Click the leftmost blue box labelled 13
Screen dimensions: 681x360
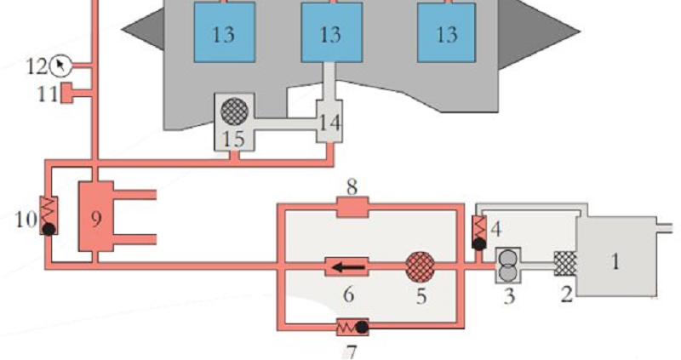[x=224, y=32]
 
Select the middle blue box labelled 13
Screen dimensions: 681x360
[x=332, y=32]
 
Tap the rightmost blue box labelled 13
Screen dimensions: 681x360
[x=446, y=32]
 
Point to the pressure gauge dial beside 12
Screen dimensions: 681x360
[x=60, y=66]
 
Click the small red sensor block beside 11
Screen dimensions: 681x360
[x=66, y=94]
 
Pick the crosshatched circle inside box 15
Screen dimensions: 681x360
[x=235, y=111]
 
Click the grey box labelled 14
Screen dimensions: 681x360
[x=329, y=121]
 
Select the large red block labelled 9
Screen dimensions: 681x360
[x=96, y=216]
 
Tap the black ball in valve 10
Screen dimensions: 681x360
[x=49, y=229]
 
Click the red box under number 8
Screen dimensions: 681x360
[x=352, y=207]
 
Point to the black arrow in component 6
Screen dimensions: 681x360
[x=348, y=267]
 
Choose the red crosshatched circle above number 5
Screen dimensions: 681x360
[x=420, y=267]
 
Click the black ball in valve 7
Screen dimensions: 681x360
[x=362, y=327]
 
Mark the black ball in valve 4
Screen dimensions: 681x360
[x=479, y=244]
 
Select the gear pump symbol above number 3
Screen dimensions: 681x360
[x=507, y=266]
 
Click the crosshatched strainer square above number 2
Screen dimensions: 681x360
[x=565, y=264]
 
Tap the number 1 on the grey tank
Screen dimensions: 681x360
[x=615, y=261]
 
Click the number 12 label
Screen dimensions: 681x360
[x=37, y=66]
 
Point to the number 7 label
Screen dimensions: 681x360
[x=351, y=351]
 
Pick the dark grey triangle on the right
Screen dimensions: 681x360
[x=539, y=33]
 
